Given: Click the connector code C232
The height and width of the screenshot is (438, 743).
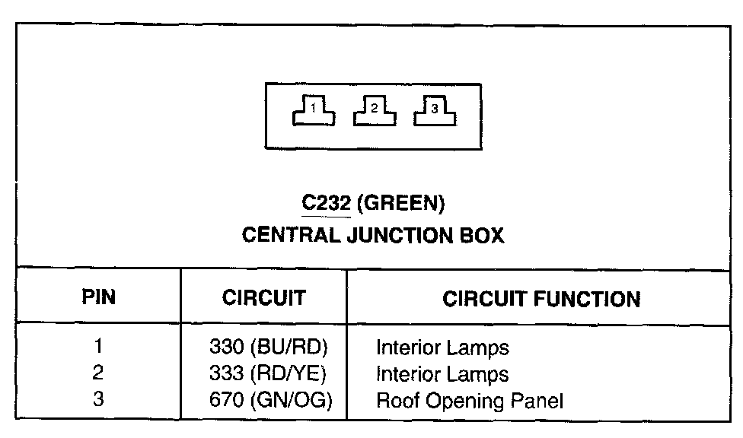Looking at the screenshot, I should point(326,204).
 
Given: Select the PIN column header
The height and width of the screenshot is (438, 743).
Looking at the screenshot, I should point(98,297).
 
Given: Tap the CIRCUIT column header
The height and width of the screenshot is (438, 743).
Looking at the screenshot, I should point(263,297).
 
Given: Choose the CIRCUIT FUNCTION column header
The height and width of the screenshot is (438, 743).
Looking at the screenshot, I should point(541,298).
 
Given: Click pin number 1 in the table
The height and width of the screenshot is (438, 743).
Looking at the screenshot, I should point(98,348).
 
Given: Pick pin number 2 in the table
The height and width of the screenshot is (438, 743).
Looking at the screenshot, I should point(98,373).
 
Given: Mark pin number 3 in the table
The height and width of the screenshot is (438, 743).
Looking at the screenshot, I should point(98,400).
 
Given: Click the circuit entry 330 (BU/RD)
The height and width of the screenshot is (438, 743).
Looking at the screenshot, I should point(267,348).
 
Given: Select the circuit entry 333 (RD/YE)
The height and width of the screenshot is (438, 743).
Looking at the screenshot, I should point(267,374).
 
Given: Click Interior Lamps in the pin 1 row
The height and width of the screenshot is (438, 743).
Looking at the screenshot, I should point(442,348).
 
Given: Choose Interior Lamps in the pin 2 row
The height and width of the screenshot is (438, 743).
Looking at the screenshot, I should point(442,374).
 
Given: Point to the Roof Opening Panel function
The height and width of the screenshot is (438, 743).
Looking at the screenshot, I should point(472,401).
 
